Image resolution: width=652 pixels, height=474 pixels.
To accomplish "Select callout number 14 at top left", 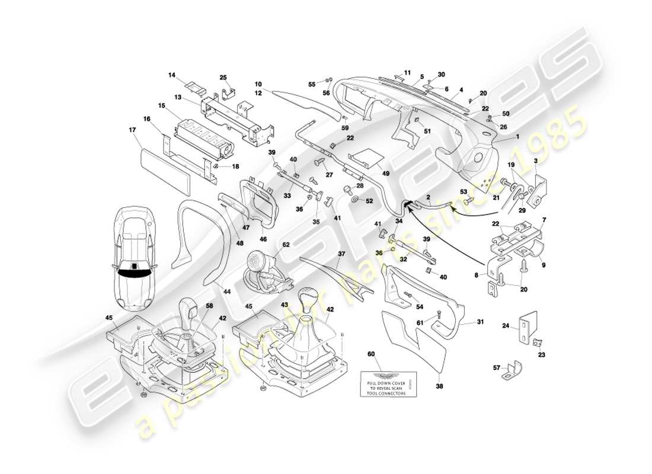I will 172,75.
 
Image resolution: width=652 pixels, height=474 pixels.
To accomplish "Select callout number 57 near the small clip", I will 497,367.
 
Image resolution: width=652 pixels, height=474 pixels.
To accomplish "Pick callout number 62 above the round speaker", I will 286,244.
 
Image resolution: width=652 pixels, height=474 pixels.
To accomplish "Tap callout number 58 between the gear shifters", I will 209,306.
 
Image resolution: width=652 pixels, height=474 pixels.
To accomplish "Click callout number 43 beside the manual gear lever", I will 285,305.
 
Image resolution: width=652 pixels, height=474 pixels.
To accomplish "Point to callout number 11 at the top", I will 407,73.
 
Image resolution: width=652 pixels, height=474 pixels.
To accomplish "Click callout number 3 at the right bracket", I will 535,161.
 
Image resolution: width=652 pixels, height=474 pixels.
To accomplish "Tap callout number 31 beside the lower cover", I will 480,323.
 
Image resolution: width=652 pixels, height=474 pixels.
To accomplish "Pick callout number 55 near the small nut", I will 312,84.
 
